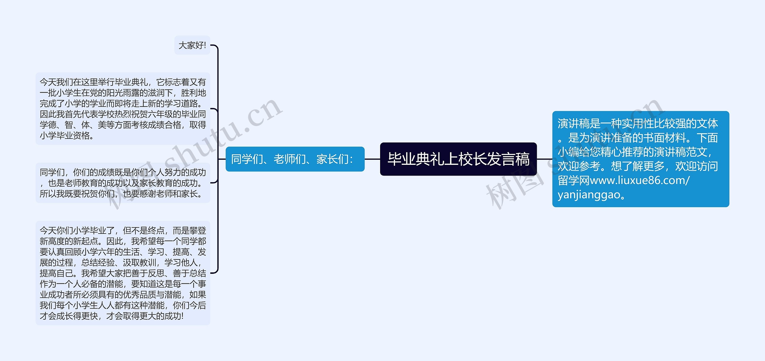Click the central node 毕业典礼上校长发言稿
point(458,159)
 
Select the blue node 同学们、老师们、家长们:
point(295,159)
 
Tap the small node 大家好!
point(192,45)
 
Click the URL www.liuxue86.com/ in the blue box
point(639,180)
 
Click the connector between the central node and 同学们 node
point(372,159)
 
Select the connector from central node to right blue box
point(544,159)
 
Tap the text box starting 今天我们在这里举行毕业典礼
point(123,109)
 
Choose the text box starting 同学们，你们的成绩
point(123,183)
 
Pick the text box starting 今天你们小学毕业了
point(123,273)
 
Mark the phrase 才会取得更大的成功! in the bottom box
point(145,316)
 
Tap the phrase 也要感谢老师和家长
point(163,194)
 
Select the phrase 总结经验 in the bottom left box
point(98,262)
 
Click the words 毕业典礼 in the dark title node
point(415,159)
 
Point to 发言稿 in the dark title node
point(508,159)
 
